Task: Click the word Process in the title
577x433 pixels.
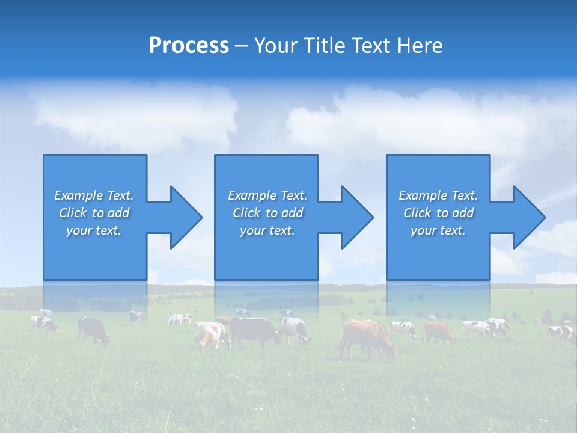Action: click(x=189, y=46)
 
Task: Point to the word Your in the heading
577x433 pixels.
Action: click(x=275, y=46)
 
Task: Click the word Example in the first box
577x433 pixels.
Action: click(x=78, y=195)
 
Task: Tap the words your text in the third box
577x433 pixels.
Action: click(x=438, y=230)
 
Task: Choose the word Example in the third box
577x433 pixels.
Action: click(x=423, y=195)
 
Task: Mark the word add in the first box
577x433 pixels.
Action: click(x=119, y=213)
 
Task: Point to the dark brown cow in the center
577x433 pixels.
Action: click(x=255, y=331)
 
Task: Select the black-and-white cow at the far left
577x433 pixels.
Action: click(x=44, y=324)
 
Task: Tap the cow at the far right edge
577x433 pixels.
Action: click(x=561, y=333)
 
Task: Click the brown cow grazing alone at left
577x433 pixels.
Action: click(x=93, y=330)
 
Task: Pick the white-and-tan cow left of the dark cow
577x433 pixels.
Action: click(x=210, y=334)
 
